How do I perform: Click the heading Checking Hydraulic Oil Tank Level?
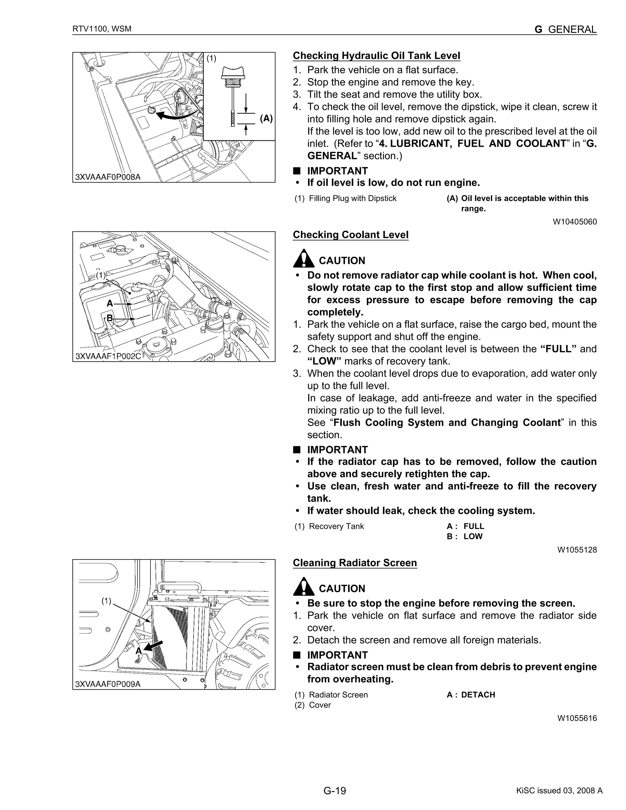tap(376, 56)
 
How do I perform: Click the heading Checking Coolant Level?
tap(351, 235)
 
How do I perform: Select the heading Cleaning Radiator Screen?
tap(355, 563)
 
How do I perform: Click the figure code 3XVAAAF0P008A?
tap(108, 177)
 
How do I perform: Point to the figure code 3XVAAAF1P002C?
tap(108, 356)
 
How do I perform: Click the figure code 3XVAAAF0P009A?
tap(108, 684)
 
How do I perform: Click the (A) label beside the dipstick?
tap(266, 118)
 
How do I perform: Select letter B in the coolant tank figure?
tap(109, 318)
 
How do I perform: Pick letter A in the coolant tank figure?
tap(109, 304)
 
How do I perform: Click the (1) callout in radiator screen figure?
tap(106, 601)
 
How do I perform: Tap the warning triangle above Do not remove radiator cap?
tap(303, 259)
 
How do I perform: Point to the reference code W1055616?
tap(577, 718)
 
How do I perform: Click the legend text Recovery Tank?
tap(336, 526)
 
